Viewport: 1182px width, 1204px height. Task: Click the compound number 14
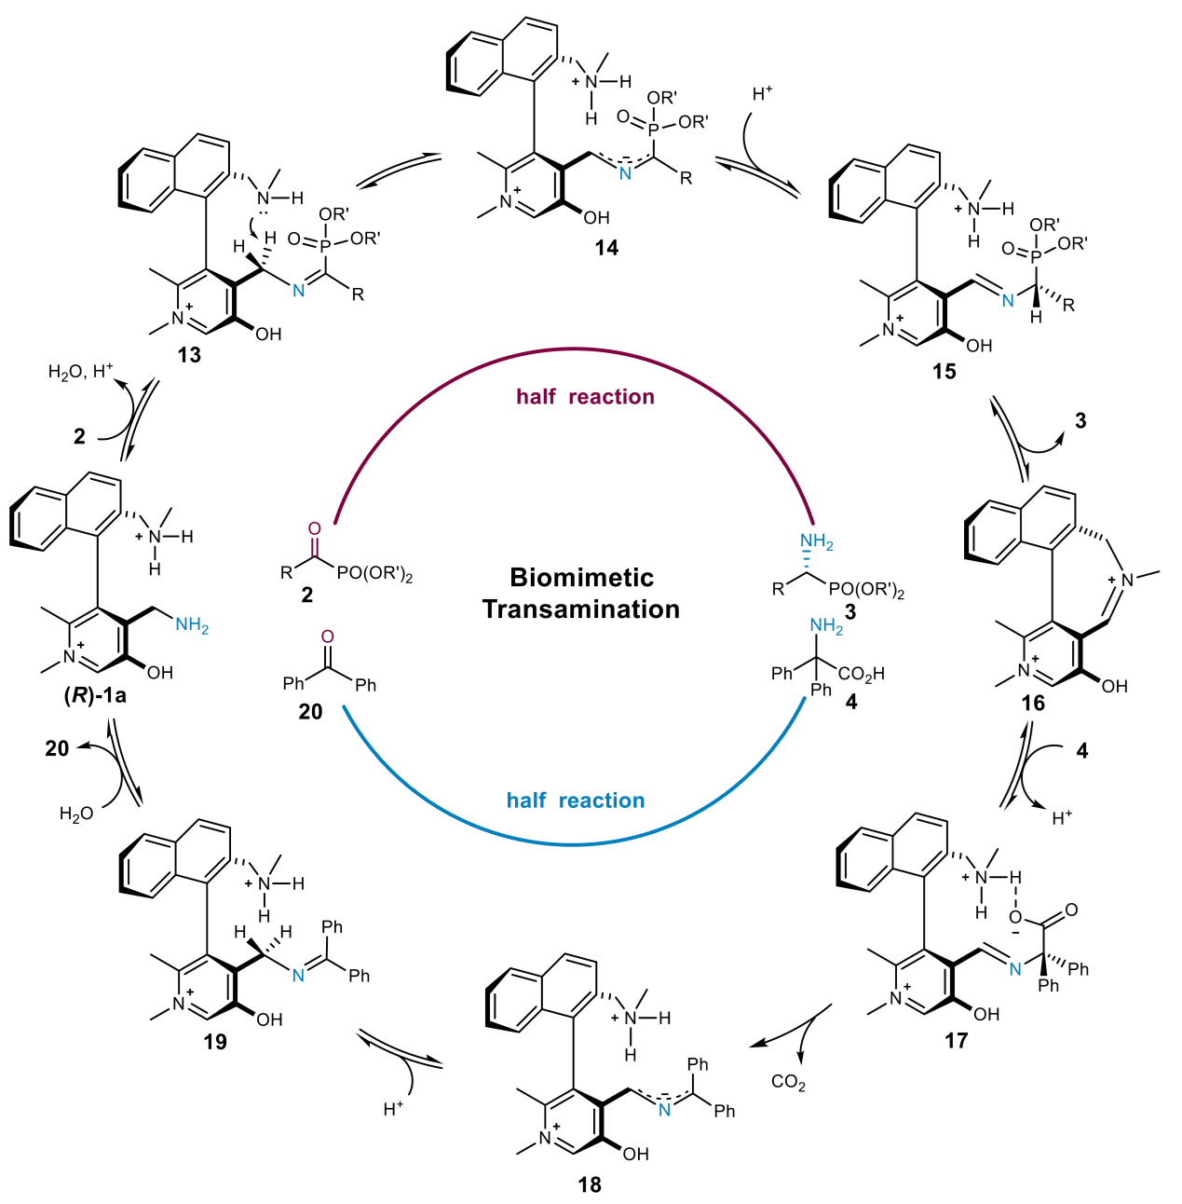[x=606, y=248]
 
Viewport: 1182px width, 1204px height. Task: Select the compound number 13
[x=189, y=355]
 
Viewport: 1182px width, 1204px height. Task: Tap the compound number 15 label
[x=944, y=372]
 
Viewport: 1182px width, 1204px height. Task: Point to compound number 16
[x=1033, y=704]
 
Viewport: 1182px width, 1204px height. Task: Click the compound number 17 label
[x=957, y=1041]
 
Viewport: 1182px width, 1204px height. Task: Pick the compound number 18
[x=590, y=1184]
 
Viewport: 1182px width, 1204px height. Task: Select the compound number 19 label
[x=215, y=1042]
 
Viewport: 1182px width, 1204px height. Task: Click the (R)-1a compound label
[x=95, y=695]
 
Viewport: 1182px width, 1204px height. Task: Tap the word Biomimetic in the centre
[x=581, y=578]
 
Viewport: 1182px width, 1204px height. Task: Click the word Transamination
[x=581, y=609]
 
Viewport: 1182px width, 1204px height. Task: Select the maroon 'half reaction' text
[x=585, y=397]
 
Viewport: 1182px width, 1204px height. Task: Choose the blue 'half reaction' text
[x=576, y=800]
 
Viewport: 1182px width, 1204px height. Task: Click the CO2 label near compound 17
[x=788, y=1082]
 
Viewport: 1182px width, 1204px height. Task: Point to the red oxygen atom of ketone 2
[x=314, y=528]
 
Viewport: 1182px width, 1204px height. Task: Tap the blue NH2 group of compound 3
[x=816, y=541]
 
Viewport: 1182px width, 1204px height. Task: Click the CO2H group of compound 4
[x=861, y=674]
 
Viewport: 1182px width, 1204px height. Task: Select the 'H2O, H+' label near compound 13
[x=80, y=372]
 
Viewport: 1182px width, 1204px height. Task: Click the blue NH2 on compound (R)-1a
[x=192, y=625]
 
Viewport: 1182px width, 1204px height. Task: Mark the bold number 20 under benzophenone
[x=310, y=712]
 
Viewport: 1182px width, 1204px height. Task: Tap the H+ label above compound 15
[x=763, y=94]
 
